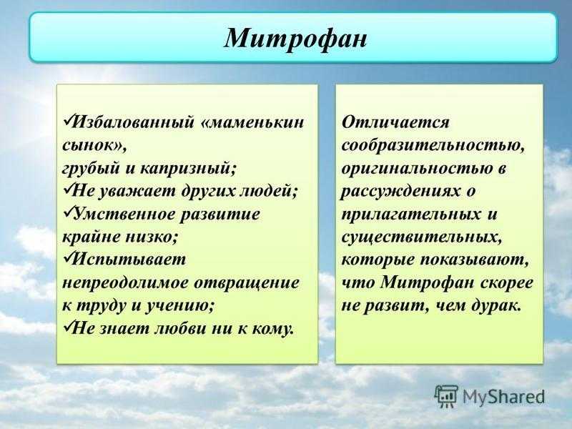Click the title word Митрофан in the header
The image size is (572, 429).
pos(295,38)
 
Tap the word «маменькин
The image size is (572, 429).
pos(252,122)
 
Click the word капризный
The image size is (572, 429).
pos(188,169)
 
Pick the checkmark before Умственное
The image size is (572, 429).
pos(68,212)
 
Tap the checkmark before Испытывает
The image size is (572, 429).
pos(68,257)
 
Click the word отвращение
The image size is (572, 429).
pos(247,283)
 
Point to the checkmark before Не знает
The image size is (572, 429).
pos(68,326)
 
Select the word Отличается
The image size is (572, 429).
pos(395,122)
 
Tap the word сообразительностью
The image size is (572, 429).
pos(433,146)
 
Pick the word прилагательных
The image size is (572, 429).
pos(410,214)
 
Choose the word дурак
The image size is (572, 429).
pos(495,306)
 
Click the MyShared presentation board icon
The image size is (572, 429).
pos(446,396)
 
